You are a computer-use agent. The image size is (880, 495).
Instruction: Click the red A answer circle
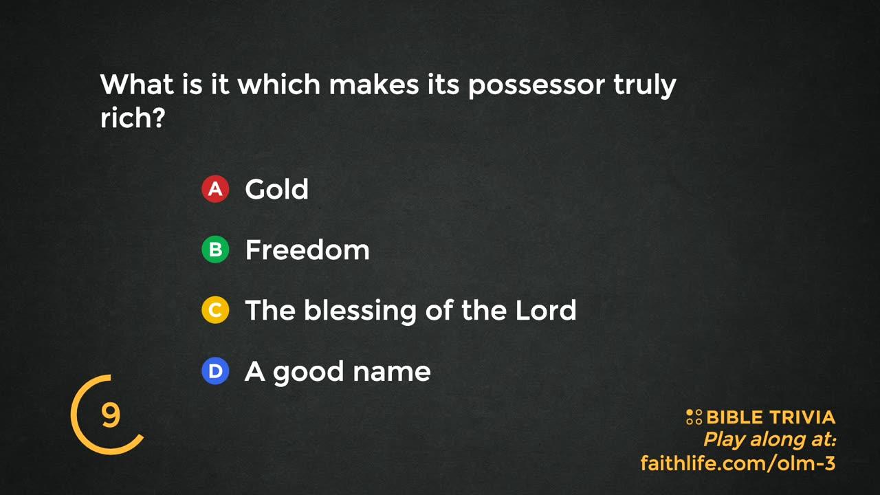pos(215,189)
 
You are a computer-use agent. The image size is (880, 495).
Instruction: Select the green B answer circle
pos(215,250)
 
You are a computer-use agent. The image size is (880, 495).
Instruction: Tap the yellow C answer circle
pos(215,310)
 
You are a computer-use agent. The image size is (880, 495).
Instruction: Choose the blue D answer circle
pos(215,371)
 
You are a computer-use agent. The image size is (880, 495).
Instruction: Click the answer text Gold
pos(276,189)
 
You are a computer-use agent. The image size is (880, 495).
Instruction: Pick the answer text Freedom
pos(307,250)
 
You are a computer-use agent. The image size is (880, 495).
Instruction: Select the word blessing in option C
pos(360,312)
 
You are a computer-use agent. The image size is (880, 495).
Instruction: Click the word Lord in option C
pos(546,310)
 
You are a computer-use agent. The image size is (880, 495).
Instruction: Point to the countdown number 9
pos(111,415)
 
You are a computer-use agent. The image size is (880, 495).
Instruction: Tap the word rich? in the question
pos(133,117)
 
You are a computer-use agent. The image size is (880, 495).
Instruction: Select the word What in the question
pos(137,84)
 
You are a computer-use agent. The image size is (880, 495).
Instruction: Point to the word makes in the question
pos(374,84)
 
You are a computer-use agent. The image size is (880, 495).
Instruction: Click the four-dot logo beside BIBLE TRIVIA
pos(694,417)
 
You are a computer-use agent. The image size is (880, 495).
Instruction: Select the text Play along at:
pos(769,439)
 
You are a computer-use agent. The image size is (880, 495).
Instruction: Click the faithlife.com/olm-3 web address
pos(738,463)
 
